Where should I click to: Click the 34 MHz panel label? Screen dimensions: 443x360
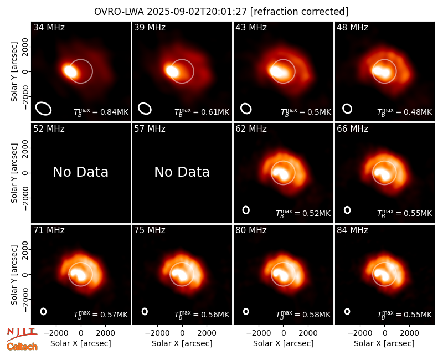pyautogui.click(x=49, y=27)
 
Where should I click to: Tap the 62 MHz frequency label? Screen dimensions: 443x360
pyautogui.click(x=251, y=129)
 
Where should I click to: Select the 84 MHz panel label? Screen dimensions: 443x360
pyautogui.click(x=352, y=230)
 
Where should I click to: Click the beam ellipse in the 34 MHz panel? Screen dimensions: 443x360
pyautogui.click(x=43, y=109)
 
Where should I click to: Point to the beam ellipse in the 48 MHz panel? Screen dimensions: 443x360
pyautogui.click(x=347, y=109)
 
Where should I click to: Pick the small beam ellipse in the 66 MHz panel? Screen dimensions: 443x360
pyautogui.click(x=347, y=210)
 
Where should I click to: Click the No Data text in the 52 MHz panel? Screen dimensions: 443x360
pyautogui.click(x=81, y=172)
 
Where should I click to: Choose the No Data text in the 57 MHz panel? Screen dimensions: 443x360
pyautogui.click(x=182, y=172)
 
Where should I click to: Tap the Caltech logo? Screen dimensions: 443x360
pyautogui.click(x=22, y=347)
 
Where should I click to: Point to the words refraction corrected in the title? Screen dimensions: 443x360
pyautogui.click(x=299, y=12)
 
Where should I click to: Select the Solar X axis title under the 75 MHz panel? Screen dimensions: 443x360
pyautogui.click(x=182, y=343)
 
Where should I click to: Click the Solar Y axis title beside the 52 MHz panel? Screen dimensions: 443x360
pyautogui.click(x=14, y=173)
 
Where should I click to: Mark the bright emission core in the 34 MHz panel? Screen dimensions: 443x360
pyautogui.click(x=70, y=71)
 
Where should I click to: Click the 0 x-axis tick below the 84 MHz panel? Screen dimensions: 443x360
pyautogui.click(x=384, y=333)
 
